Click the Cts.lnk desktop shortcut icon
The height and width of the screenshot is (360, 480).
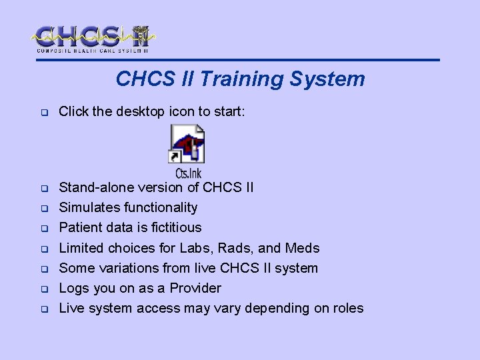pyautogui.click(x=187, y=144)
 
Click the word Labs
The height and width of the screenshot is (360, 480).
pyautogui.click(x=194, y=248)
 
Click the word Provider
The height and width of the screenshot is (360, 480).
pyautogui.click(x=195, y=288)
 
